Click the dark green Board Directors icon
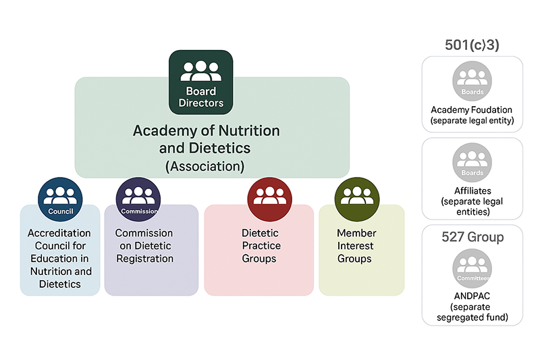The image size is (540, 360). tap(200, 82)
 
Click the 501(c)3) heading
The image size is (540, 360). tap(472, 45)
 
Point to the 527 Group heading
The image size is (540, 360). tap(472, 237)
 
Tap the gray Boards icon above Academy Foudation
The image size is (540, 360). tap(472, 82)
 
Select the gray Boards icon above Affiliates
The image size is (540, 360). tap(472, 163)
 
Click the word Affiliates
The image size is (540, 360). tap(472, 190)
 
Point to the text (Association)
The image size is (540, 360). tap(205, 165)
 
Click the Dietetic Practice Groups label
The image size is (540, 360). tap(261, 246)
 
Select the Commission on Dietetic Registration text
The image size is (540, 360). tap(144, 246)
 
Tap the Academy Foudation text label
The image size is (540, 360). tap(472, 110)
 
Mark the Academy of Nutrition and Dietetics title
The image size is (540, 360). tap(205, 138)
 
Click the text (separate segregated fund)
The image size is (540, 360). tap(472, 312)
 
